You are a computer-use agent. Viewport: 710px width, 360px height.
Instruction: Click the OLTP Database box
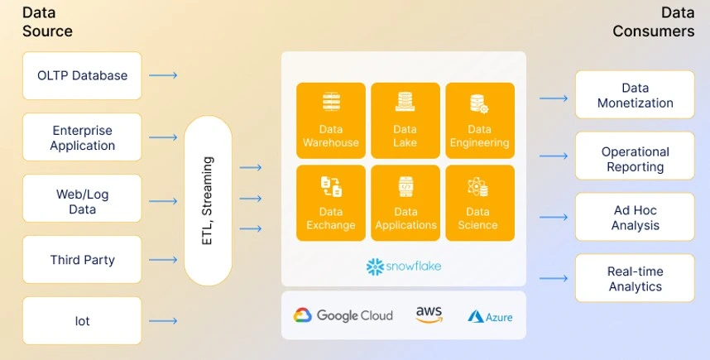(82, 75)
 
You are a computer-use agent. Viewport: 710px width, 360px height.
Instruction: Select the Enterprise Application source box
(82, 137)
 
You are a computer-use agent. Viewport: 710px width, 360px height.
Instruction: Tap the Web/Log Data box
(82, 199)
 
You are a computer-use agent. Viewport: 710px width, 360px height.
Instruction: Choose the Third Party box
(82, 260)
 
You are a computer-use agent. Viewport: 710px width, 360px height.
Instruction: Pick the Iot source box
(82, 320)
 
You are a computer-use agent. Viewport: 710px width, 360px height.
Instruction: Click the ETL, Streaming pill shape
(208, 200)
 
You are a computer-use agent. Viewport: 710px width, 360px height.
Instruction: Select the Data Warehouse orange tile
(331, 121)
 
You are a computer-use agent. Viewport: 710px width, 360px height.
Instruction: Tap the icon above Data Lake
(405, 102)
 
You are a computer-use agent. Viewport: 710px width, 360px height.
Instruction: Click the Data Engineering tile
(480, 121)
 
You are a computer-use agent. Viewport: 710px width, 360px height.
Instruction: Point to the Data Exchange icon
(331, 186)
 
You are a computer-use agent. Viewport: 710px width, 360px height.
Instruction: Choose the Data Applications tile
(405, 203)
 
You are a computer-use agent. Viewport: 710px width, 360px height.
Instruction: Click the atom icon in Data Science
(477, 186)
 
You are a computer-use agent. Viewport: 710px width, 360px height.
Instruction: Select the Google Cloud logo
(343, 315)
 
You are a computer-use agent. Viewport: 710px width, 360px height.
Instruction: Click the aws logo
(429, 314)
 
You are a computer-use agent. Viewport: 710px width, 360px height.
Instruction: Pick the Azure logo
(490, 316)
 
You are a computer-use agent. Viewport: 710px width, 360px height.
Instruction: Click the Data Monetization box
(635, 94)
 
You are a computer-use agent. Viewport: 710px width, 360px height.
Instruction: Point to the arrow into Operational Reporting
(554, 156)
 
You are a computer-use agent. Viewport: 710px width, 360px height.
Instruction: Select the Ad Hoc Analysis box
(635, 217)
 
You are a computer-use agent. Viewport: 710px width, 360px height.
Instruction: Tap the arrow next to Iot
(163, 321)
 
